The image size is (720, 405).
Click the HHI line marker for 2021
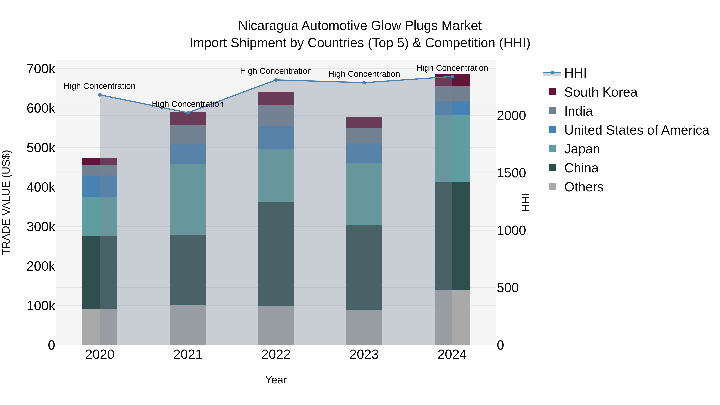click(x=188, y=113)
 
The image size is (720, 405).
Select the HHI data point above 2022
click(x=276, y=80)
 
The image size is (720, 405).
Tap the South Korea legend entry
click(x=600, y=92)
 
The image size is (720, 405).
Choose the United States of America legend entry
click(x=636, y=130)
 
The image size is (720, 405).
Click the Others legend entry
click(x=584, y=187)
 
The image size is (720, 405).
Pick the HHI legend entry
click(x=575, y=73)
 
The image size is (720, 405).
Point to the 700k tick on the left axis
click(x=41, y=69)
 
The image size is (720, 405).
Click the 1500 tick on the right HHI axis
click(x=511, y=173)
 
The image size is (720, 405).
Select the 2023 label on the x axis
click(x=364, y=355)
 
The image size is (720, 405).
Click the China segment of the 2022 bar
click(x=276, y=254)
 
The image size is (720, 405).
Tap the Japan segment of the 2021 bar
click(x=188, y=199)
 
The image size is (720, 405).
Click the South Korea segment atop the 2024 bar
click(x=452, y=80)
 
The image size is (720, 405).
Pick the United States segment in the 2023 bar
click(x=364, y=153)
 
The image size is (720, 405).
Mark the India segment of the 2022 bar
click(x=276, y=115)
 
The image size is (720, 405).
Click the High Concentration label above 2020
click(x=100, y=86)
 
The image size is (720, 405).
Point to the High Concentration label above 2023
click(x=364, y=74)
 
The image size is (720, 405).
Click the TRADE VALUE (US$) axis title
click(x=6, y=202)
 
